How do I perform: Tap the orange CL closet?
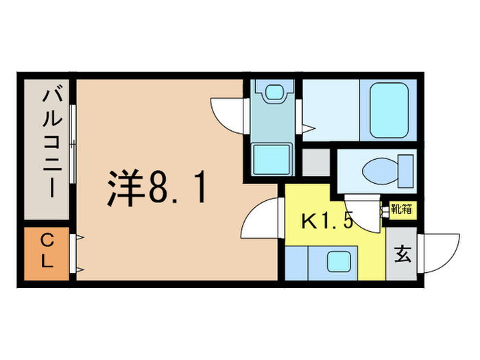[47, 252]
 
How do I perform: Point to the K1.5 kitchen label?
[327, 221]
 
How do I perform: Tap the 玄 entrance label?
[403, 254]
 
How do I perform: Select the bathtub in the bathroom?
[389, 110]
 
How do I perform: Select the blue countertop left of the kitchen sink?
[296, 262]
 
